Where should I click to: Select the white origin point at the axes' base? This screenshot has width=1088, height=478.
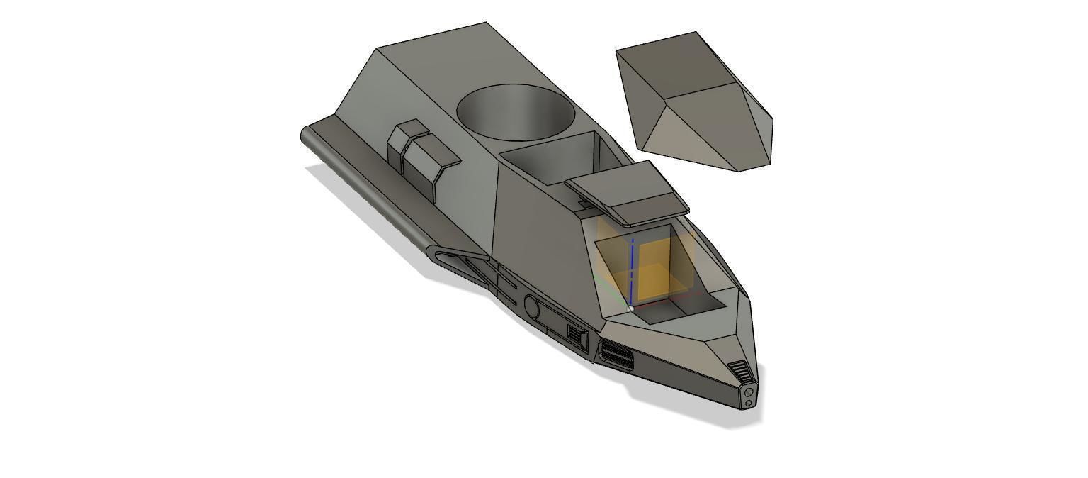(x=631, y=308)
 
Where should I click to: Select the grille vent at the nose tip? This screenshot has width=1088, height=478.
(x=738, y=371)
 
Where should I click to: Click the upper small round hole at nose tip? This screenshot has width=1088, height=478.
(x=749, y=391)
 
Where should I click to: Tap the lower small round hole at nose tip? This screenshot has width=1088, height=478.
(x=749, y=403)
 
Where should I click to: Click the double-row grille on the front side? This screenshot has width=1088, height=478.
(x=616, y=353)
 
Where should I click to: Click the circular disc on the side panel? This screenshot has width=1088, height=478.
(x=531, y=306)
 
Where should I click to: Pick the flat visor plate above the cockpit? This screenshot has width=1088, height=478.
(x=628, y=191)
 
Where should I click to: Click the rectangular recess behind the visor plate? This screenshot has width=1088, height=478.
(x=549, y=160)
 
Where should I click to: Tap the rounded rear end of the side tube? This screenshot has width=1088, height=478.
(x=305, y=134)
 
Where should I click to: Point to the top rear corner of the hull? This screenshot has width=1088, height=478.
(x=486, y=23)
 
